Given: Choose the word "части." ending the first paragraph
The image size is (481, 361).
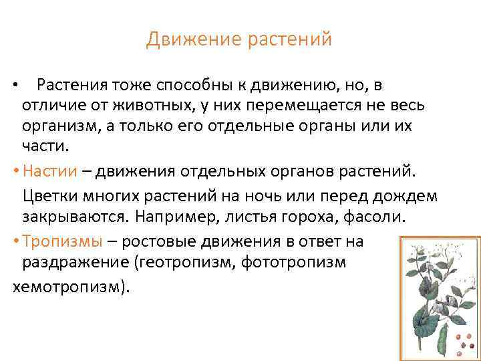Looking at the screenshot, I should (41, 147).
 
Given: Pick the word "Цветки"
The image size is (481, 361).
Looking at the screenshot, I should (51, 197).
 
